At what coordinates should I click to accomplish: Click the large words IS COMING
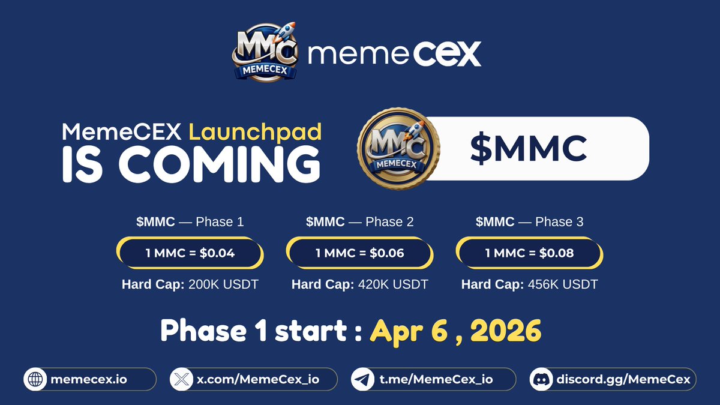(191, 164)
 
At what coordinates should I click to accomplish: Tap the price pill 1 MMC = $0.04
(190, 253)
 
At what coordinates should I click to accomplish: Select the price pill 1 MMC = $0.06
(359, 253)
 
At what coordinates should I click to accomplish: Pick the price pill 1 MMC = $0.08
(529, 253)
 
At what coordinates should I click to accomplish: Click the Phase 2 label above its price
(389, 222)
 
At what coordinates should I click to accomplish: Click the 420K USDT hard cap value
(393, 284)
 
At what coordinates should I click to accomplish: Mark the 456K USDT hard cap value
(563, 284)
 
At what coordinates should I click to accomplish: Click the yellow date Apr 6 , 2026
(455, 331)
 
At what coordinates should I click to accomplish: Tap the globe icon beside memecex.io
(35, 379)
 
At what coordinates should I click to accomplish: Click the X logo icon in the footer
(181, 379)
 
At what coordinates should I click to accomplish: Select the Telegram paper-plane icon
(361, 379)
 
